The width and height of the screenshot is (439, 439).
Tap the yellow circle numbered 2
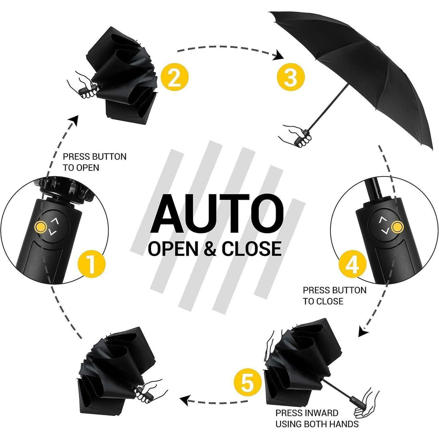[x=175, y=77]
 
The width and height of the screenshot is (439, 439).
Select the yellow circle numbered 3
[x=291, y=77]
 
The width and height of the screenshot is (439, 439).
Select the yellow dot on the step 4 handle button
[x=398, y=227]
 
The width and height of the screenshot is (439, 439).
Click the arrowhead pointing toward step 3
[x=278, y=55]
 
